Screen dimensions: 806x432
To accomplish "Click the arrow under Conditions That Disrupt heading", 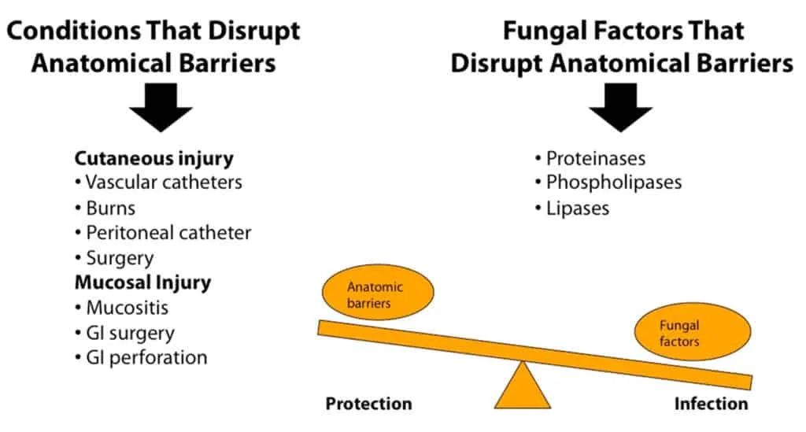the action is click(161, 108).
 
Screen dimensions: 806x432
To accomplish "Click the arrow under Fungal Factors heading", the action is click(620, 108).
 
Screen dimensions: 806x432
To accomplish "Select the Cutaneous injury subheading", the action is click(153, 158).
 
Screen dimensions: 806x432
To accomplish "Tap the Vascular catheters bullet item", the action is click(158, 183).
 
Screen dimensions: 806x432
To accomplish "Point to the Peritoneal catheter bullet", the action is click(163, 233).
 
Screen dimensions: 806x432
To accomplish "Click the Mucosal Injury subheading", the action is click(143, 282).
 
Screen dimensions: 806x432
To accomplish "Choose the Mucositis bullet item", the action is click(122, 308).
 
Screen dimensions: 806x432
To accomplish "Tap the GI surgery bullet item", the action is click(125, 334).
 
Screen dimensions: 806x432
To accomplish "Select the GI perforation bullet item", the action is click(142, 357).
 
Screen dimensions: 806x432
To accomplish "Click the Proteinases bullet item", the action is click(590, 158).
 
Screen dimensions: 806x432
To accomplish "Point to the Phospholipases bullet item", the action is click(608, 183).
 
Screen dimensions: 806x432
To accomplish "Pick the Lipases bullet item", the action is click(572, 209).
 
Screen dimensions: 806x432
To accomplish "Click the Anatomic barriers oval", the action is click(378, 292).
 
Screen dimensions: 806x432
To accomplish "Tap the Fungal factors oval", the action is click(693, 331).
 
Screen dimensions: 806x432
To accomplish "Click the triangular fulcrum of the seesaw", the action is click(523, 389).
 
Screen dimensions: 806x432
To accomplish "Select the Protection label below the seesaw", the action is click(368, 404).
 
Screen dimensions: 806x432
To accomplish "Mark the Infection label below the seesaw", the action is click(711, 404).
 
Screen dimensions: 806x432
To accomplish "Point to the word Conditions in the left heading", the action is click(74, 31).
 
